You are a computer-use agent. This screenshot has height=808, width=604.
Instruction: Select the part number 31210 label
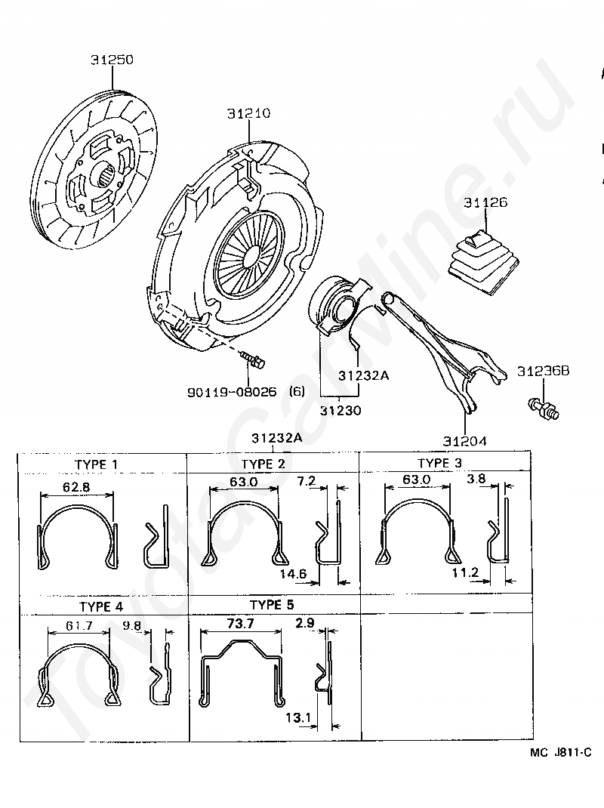coord(248,113)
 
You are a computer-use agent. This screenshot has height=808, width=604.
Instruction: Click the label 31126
coord(485,202)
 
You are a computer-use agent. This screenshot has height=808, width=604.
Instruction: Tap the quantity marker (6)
coord(297,391)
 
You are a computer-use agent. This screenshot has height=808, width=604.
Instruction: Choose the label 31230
coord(340,411)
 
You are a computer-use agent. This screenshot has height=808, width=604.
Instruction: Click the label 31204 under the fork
coord(464,440)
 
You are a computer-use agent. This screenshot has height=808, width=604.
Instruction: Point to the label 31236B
coord(544,371)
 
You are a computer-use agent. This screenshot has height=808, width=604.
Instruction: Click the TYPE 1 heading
coord(100,464)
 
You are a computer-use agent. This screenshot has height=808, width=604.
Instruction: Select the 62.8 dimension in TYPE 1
coord(76,487)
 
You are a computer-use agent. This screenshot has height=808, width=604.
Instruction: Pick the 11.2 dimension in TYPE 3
coord(465,573)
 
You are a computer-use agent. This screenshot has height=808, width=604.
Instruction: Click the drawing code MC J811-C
coord(559,751)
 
